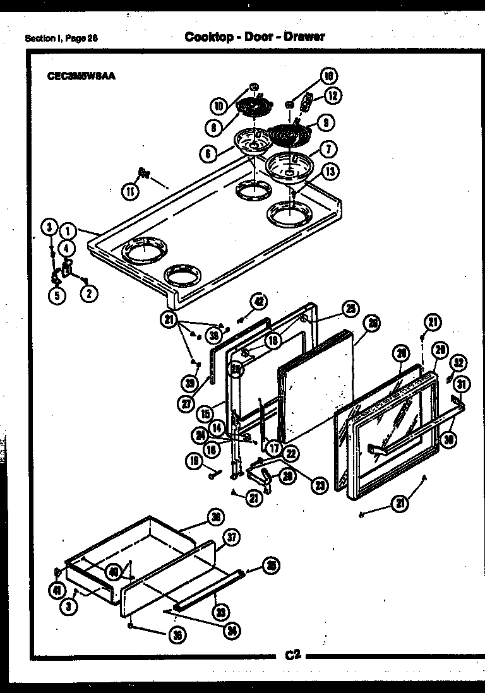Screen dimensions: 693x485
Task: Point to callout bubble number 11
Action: [129, 191]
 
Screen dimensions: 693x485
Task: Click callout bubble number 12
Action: [333, 96]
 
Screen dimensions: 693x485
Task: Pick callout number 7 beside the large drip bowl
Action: [328, 150]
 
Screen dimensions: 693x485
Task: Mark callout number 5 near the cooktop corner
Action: [57, 295]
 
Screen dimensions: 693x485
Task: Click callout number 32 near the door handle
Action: [460, 363]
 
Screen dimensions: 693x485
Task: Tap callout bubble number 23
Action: [321, 485]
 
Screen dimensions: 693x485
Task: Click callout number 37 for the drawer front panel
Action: [232, 538]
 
